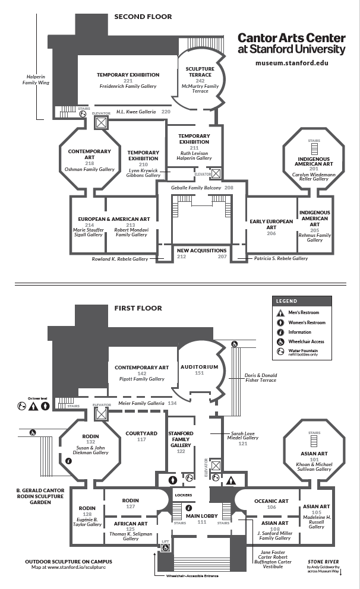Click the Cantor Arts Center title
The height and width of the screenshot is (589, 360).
click(x=291, y=43)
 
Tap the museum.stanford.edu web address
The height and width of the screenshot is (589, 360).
click(x=291, y=63)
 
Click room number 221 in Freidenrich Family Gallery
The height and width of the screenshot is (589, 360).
click(x=128, y=81)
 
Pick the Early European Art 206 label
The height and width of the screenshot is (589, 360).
click(x=271, y=227)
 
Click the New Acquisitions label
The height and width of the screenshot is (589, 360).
click(x=202, y=251)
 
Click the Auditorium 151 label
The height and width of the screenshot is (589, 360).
click(x=200, y=369)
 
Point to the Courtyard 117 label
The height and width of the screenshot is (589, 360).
click(x=141, y=436)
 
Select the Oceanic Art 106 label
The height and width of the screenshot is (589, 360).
click(x=271, y=503)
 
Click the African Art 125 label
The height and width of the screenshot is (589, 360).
click(x=131, y=525)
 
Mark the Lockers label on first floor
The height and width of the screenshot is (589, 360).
click(x=183, y=494)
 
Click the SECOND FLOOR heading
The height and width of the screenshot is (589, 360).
click(x=143, y=17)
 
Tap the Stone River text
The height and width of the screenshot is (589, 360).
click(x=324, y=561)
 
